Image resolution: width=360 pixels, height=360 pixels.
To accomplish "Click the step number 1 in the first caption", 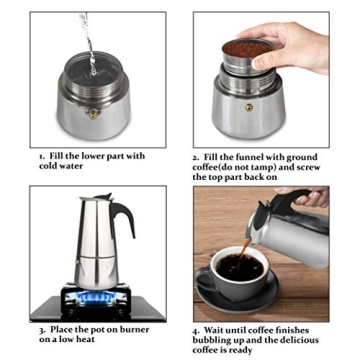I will click(x=42, y=157).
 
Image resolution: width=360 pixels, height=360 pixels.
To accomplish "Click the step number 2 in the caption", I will click(x=195, y=157).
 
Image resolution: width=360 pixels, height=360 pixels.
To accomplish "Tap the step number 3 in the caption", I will click(x=42, y=329).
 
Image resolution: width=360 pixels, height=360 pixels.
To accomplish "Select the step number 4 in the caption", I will click(x=195, y=329).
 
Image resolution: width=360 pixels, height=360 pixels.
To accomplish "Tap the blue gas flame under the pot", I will click(x=95, y=295).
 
